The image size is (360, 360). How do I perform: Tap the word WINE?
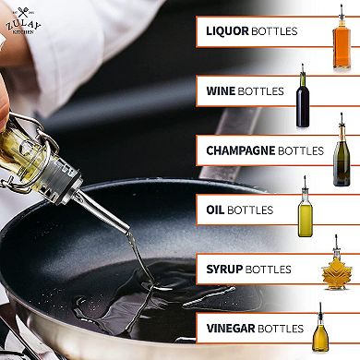click(x=220, y=91)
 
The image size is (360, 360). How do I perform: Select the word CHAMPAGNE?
click(x=240, y=150)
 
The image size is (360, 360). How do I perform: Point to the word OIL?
click(x=213, y=210)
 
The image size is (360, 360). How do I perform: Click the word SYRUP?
click(x=222, y=269)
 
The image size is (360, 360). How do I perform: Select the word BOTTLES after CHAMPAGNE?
click(x=301, y=150)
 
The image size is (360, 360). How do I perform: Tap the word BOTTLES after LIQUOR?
click(x=275, y=31)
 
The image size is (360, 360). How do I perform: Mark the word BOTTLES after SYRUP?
click(x=267, y=269)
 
